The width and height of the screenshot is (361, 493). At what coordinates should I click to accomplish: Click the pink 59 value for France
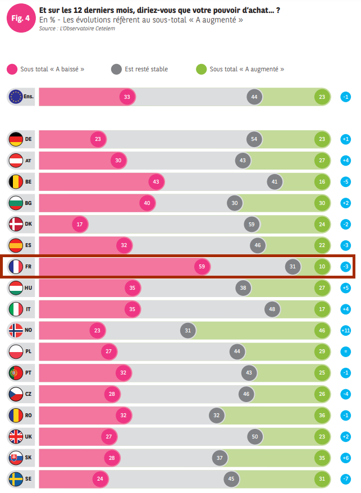(202, 267)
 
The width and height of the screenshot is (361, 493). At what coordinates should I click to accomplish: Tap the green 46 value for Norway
(322, 331)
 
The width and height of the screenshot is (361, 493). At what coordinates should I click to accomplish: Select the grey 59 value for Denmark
(252, 225)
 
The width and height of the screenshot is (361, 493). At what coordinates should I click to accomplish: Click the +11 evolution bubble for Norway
(346, 331)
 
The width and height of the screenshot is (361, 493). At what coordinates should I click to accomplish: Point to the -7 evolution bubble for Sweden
(346, 479)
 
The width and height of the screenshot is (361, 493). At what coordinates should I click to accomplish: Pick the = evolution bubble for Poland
(346, 352)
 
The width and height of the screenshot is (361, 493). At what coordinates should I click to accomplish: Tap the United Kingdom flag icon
(16, 436)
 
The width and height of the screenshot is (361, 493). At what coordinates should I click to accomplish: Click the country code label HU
(29, 288)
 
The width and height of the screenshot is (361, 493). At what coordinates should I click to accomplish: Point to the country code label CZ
(29, 394)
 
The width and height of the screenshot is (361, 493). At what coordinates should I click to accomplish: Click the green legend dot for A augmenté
(202, 69)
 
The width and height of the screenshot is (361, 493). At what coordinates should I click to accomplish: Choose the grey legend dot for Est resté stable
(116, 69)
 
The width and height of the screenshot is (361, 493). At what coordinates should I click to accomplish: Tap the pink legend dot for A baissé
(12, 69)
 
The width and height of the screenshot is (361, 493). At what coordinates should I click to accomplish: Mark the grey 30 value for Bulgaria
(235, 203)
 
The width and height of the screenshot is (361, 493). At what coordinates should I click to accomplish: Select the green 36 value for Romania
(322, 416)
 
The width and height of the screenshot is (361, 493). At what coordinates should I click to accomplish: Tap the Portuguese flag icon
(16, 373)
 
